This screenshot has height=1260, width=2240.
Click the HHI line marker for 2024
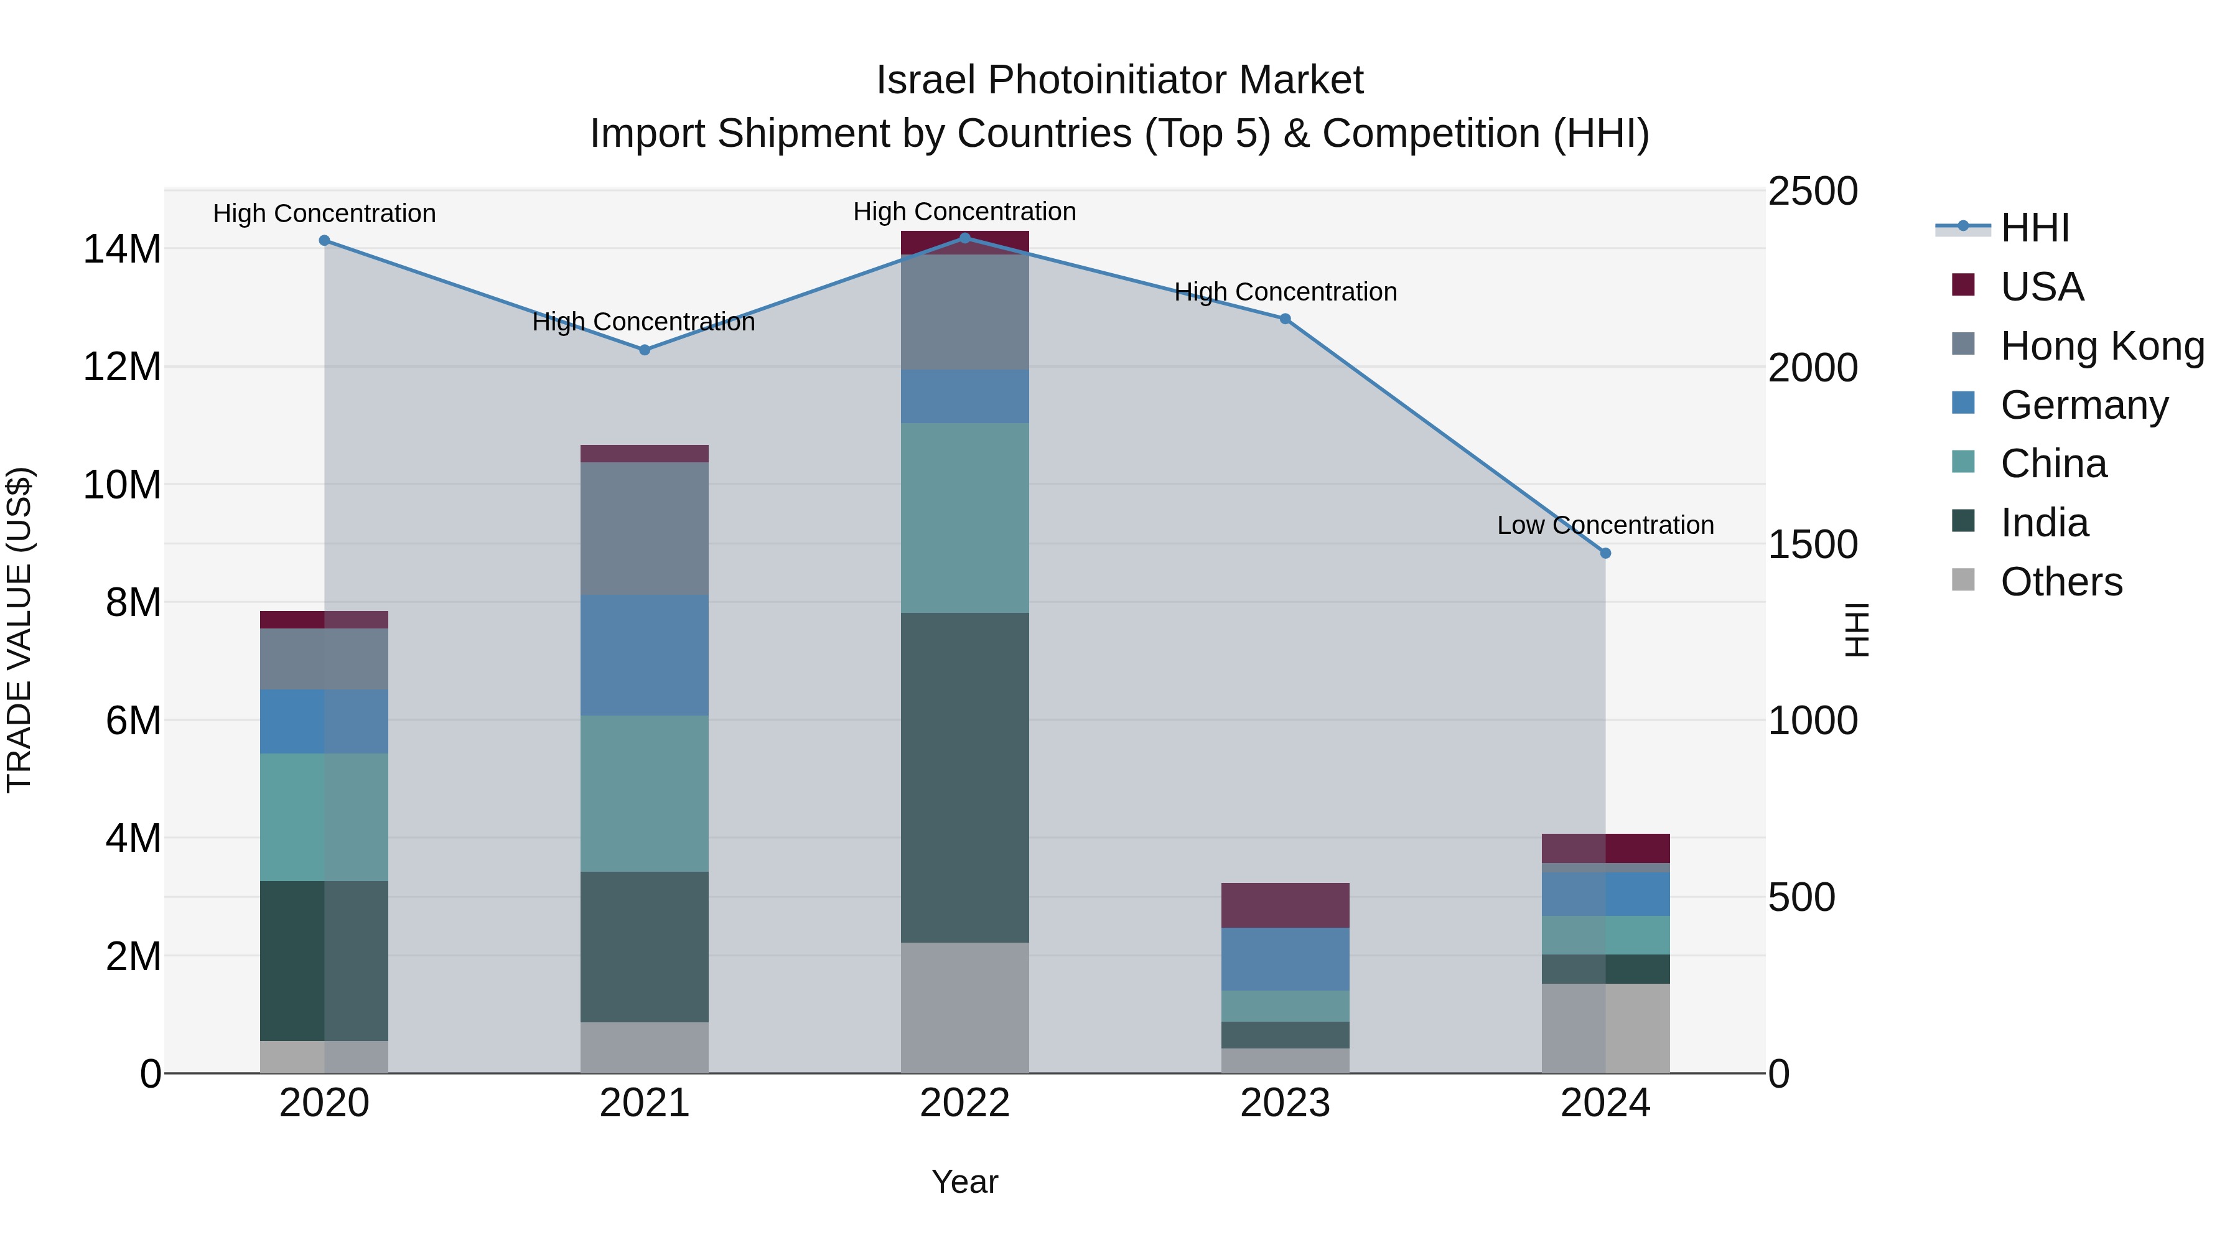click(x=1605, y=553)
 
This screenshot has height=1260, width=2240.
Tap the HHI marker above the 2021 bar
click(x=645, y=350)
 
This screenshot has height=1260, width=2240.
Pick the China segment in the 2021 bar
click(x=645, y=793)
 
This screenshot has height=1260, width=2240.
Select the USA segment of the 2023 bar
click(x=1286, y=905)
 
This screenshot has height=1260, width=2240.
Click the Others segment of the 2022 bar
click(x=964, y=1008)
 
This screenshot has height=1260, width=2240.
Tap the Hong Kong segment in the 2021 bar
click(x=645, y=529)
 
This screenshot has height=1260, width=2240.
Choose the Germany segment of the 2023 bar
click(x=1286, y=959)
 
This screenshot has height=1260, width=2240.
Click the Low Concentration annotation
click(x=1605, y=525)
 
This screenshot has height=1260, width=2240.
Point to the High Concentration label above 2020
click(x=324, y=214)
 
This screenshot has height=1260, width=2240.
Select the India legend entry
click(x=2043, y=523)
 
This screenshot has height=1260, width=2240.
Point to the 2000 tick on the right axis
click(x=1813, y=368)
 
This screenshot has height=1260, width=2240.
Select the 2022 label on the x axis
click(x=964, y=1103)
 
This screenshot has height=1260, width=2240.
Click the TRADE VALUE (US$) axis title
click(x=20, y=630)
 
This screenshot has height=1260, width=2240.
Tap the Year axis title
click(x=964, y=1182)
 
